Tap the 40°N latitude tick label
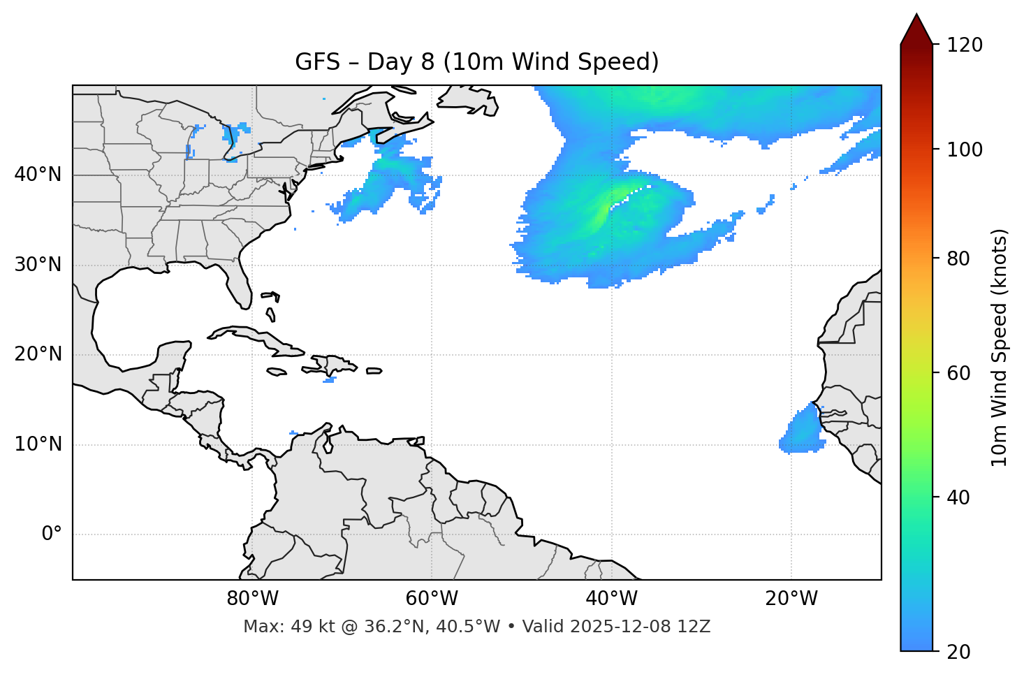coord(38,175)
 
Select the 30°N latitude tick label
coord(38,265)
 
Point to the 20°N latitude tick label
coord(38,354)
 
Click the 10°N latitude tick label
coord(38,444)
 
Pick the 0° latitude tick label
coord(52,534)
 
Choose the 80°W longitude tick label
coord(252,599)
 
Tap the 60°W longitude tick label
coord(432,599)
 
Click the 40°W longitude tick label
coord(611,599)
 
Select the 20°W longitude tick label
coord(791,599)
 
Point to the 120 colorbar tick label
coord(965,45)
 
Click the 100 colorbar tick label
coord(965,150)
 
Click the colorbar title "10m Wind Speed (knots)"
coord(1000,347)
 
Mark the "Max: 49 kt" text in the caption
coord(279,627)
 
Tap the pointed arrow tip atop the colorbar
coord(916,17)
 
